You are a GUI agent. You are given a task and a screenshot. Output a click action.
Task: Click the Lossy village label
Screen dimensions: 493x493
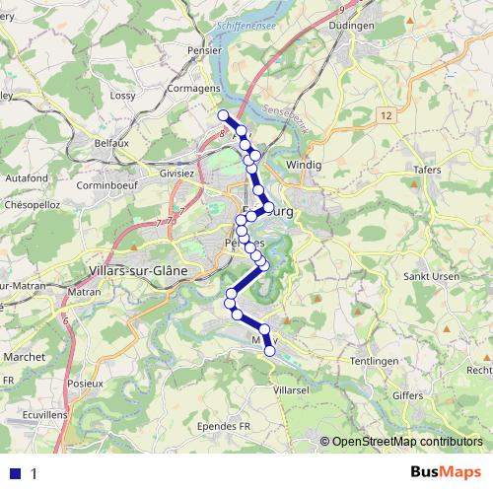[122, 96]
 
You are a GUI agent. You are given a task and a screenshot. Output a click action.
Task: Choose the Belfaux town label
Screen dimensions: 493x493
[111, 143]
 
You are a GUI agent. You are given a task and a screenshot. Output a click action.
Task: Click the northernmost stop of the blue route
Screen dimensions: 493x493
[222, 116]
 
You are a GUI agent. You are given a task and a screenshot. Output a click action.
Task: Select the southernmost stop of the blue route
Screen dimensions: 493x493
[270, 350]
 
